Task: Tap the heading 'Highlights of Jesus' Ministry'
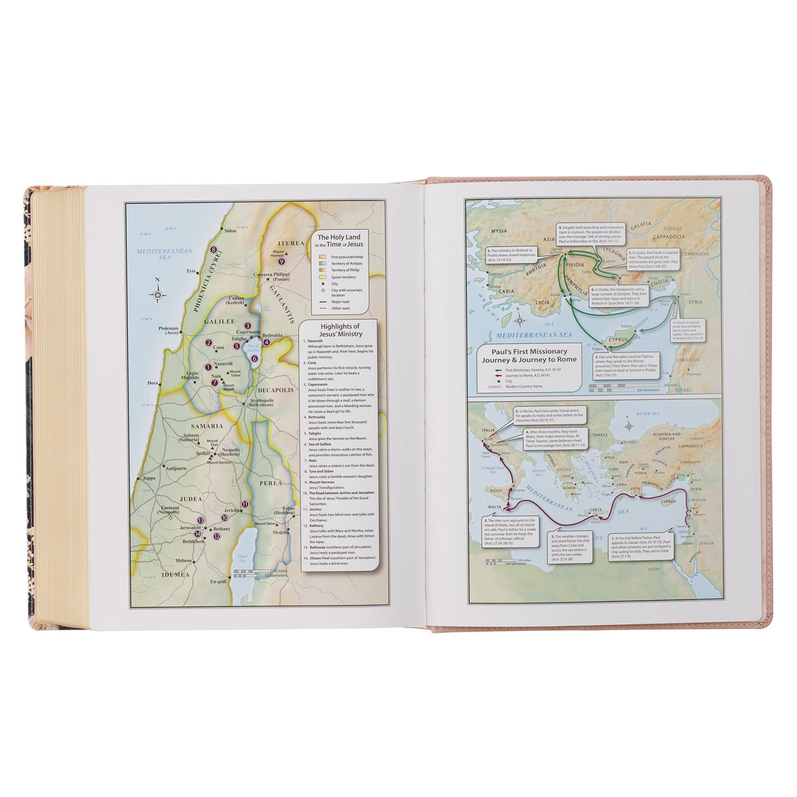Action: [340, 330]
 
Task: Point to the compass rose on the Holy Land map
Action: [157, 294]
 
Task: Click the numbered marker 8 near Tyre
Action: [214, 250]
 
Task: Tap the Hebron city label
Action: [184, 561]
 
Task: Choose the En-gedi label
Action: [218, 581]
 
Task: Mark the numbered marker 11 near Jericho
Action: [244, 505]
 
